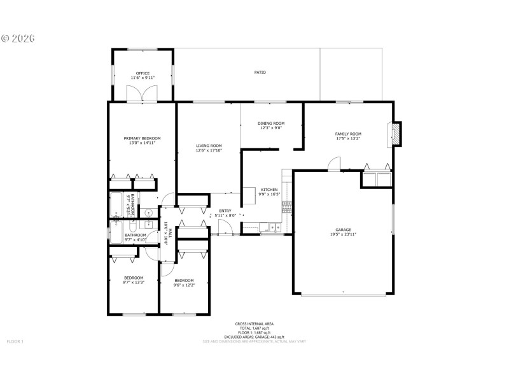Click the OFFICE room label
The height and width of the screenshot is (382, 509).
pos(143,73)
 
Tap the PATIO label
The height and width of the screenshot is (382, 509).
pos(260,73)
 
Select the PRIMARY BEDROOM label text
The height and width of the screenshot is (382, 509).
pos(142,138)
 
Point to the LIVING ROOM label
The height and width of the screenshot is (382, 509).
pos(209,146)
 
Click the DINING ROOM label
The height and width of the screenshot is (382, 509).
pos(271,124)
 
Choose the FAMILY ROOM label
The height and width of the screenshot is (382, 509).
pos(348,134)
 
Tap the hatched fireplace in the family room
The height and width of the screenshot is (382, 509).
pos(396,134)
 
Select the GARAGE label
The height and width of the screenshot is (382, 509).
pos(344,230)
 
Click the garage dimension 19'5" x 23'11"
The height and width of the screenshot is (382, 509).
pos(344,234)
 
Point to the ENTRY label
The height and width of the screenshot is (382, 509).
pos(225,211)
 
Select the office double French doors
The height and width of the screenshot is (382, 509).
pos(142,94)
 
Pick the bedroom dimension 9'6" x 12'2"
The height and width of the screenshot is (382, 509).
pos(184,285)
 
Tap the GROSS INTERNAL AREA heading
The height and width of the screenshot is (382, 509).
pos(249,323)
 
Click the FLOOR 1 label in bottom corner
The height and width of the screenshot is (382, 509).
pos(15,342)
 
